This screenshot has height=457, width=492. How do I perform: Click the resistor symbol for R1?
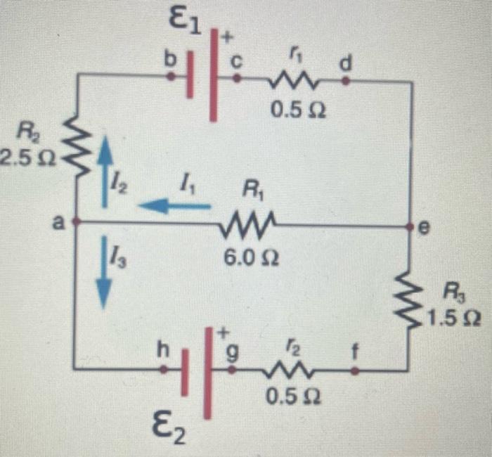[x=242, y=225]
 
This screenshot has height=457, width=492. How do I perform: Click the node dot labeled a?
[x=75, y=221]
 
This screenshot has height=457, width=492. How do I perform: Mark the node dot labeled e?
[x=409, y=226]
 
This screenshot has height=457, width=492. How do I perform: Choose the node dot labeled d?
[x=345, y=81]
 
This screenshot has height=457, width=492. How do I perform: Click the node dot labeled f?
[x=354, y=367]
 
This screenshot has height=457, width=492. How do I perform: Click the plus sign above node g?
[x=226, y=331]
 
